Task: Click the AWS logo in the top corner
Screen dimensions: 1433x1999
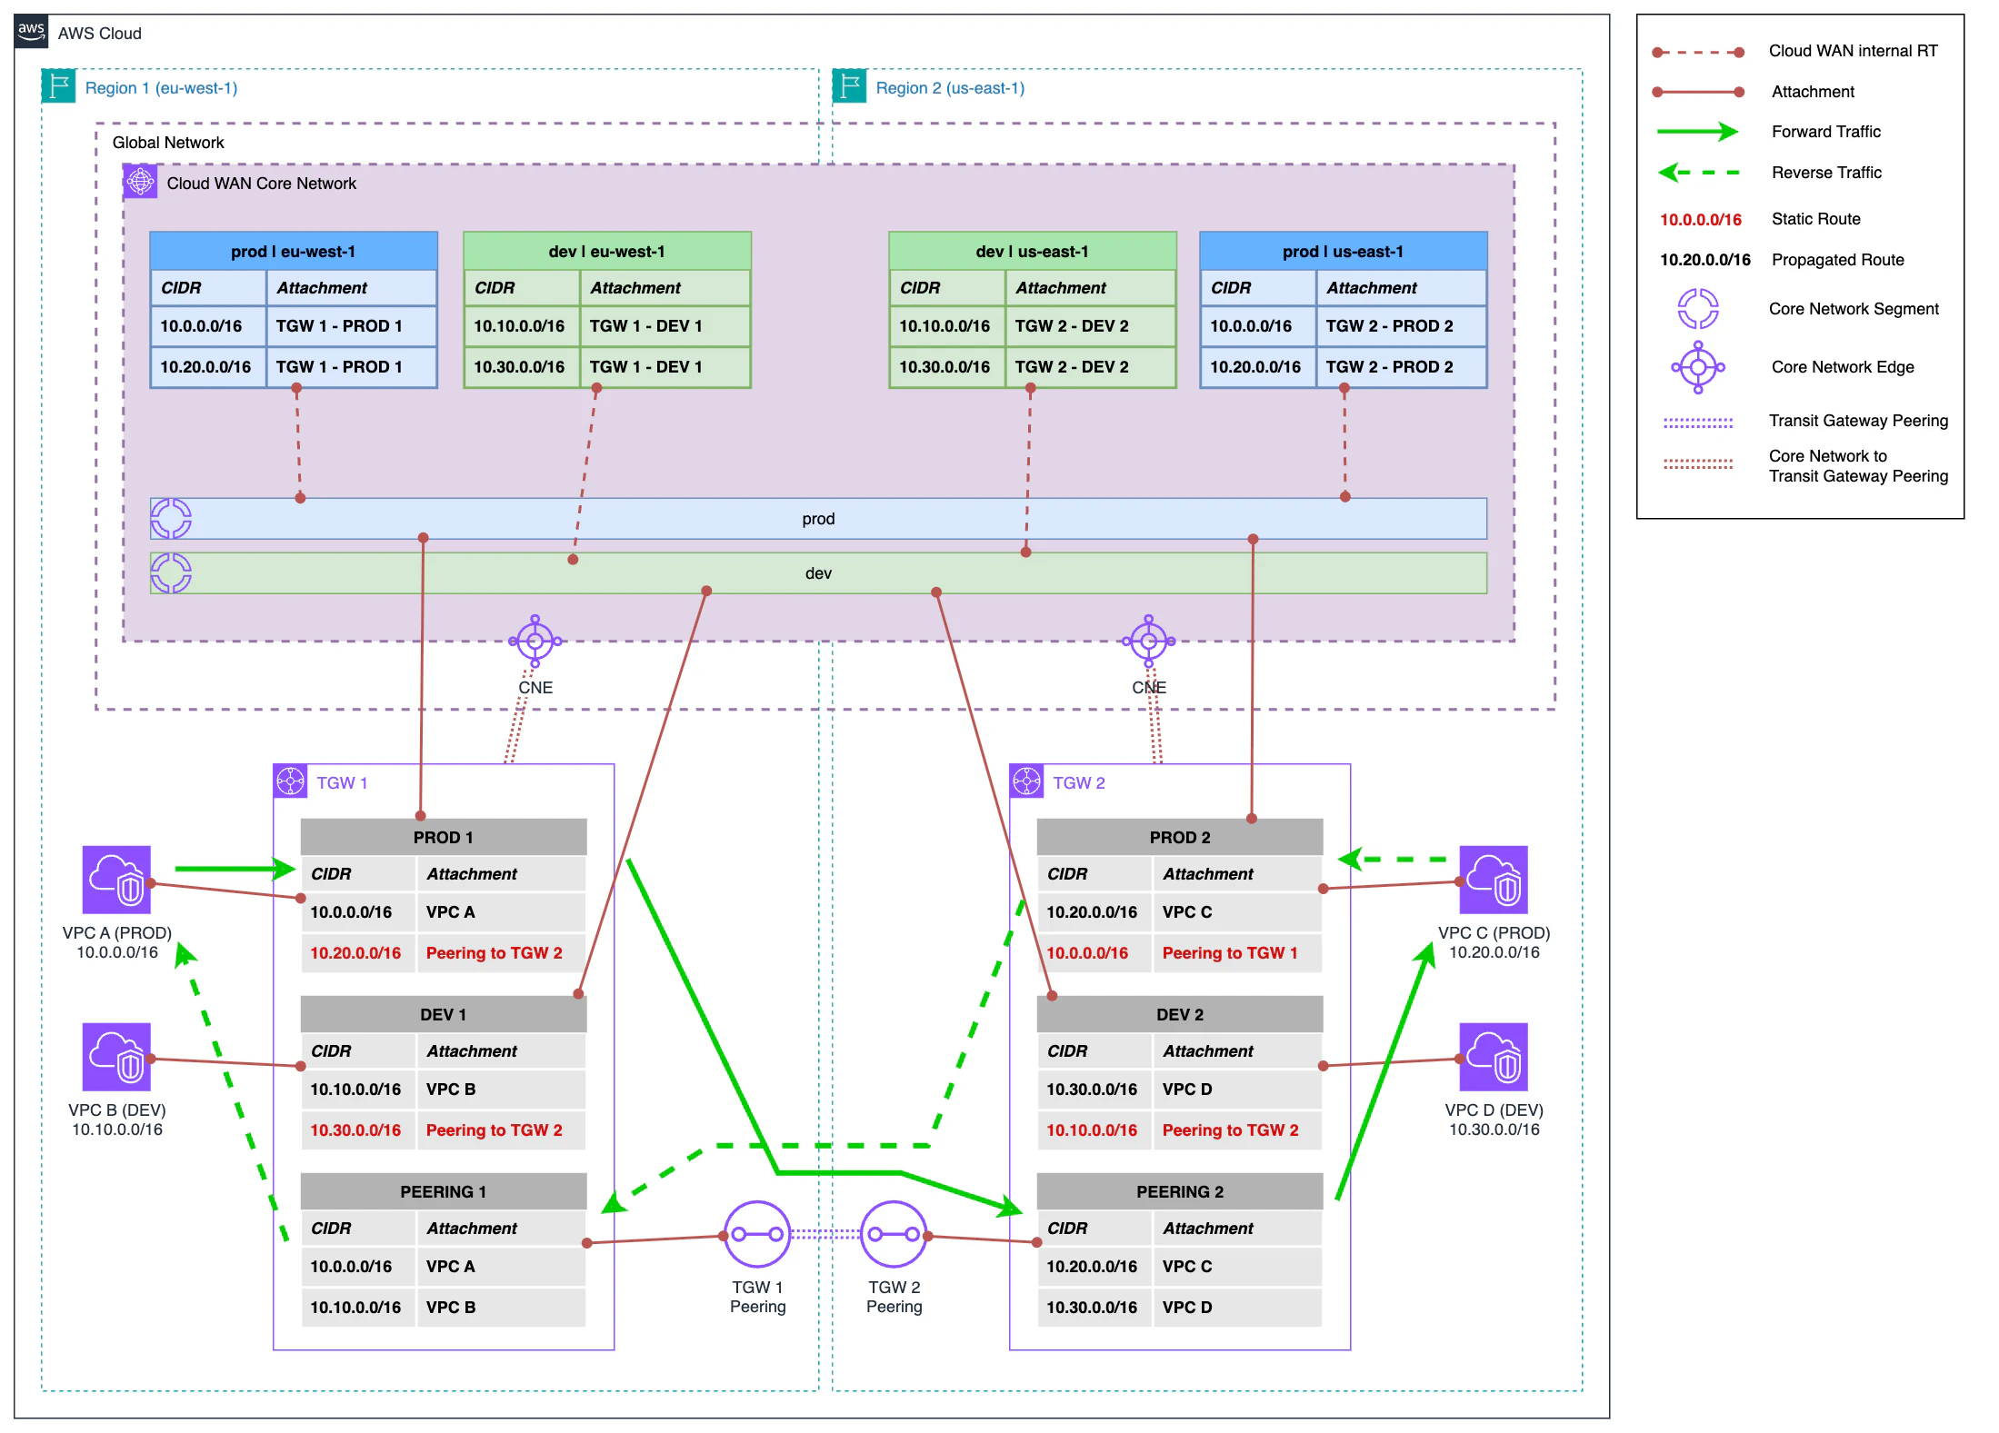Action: pos(31,31)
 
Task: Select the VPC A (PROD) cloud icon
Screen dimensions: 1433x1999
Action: pos(116,880)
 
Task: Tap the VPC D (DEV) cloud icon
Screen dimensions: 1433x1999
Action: pos(1493,1057)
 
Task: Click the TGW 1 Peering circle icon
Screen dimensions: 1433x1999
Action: pos(757,1234)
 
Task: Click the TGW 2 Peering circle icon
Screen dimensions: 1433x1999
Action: pos(893,1234)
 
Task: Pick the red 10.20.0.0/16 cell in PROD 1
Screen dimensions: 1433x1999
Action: pos(355,953)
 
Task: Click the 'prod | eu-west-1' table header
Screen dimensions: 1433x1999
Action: pos(293,252)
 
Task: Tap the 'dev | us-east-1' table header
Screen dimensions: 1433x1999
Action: pos(1032,252)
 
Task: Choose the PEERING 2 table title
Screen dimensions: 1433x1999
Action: pos(1179,1191)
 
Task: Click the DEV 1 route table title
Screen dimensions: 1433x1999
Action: pos(443,1014)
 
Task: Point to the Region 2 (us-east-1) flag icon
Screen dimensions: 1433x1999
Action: pos(849,86)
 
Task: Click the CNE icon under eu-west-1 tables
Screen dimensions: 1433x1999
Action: pos(535,642)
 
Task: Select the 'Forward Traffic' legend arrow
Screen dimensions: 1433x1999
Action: pos(1696,132)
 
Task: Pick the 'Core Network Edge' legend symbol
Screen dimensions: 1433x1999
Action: pos(1697,367)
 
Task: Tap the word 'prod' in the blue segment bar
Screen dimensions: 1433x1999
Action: pos(818,519)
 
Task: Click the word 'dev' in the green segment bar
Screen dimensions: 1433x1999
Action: pos(818,573)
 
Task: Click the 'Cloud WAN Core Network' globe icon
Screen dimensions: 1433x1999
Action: pos(140,182)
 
